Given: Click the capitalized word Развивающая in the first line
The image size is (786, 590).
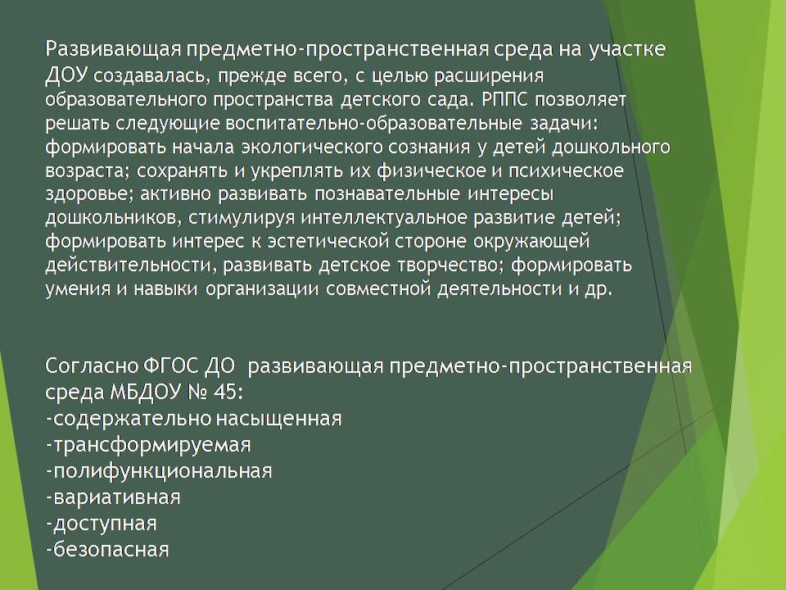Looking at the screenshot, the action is [112, 51].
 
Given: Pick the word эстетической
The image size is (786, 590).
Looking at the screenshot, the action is [327, 242].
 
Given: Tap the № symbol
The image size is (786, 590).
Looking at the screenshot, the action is [196, 393].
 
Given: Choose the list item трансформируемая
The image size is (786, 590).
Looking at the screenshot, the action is [148, 445].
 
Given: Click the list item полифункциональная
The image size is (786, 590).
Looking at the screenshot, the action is [159, 471].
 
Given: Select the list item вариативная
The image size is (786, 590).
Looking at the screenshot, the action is [113, 497].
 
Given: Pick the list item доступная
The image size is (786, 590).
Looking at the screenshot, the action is [102, 524].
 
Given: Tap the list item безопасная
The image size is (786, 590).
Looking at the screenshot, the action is [107, 550].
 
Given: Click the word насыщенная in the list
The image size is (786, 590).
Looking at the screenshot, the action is [279, 419].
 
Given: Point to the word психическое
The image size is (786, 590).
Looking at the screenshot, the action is [567, 170].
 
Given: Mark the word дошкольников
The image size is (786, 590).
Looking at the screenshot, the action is [110, 218].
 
